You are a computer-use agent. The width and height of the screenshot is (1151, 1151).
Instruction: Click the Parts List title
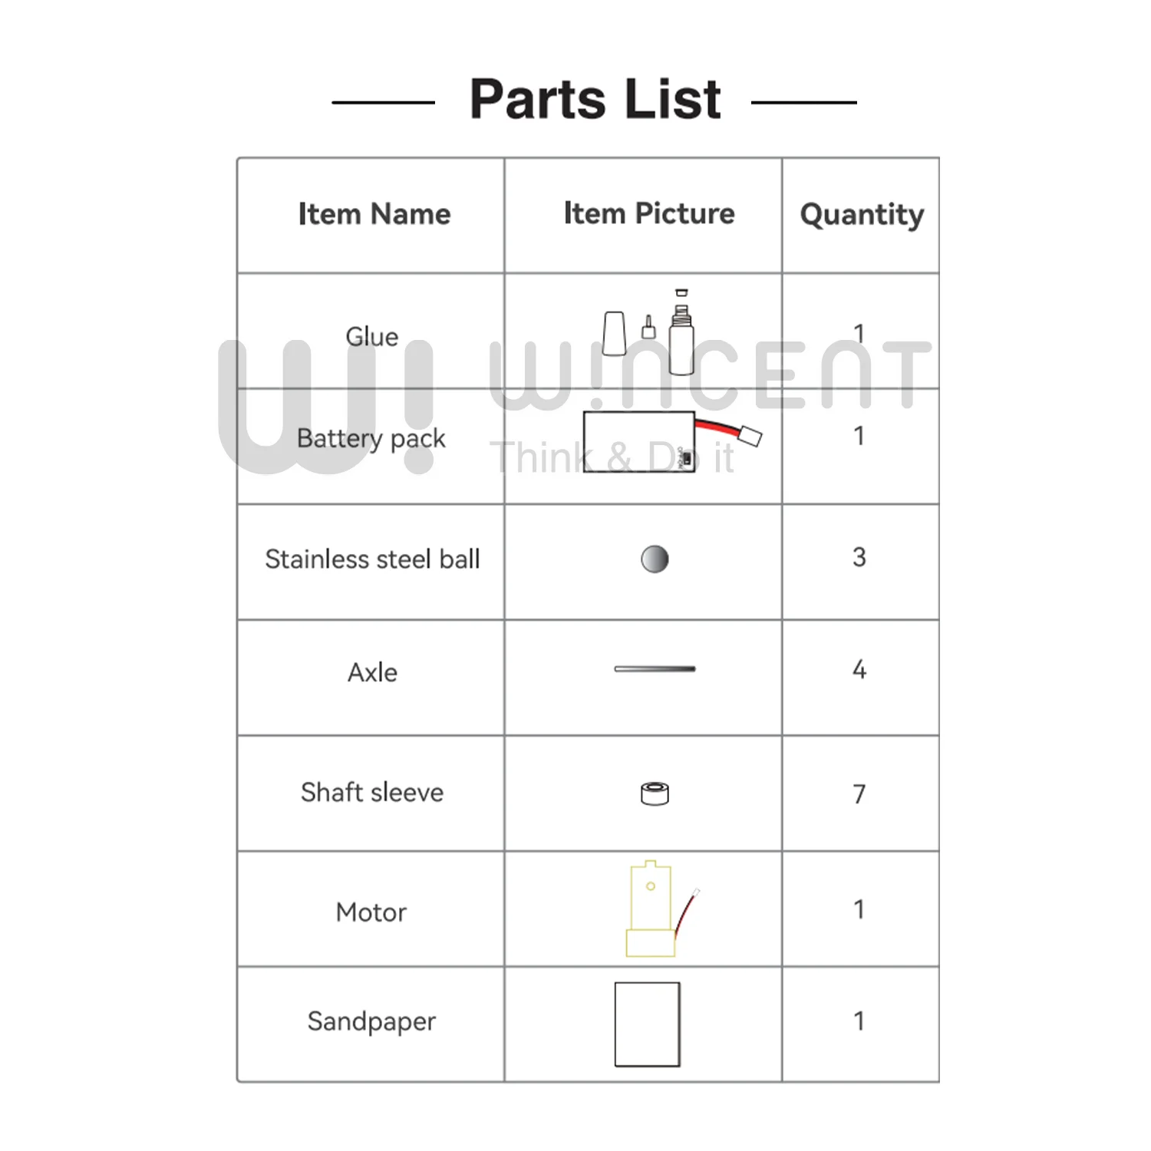(595, 100)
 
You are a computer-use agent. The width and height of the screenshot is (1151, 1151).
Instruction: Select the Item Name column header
(374, 214)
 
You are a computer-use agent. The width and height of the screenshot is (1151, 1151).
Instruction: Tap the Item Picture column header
(648, 213)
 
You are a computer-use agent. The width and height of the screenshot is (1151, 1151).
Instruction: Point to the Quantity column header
(861, 215)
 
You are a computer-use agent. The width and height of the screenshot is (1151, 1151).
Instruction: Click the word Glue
(372, 336)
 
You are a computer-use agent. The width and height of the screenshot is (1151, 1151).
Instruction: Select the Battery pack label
(371, 438)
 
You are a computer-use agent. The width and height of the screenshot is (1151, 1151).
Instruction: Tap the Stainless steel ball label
(372, 559)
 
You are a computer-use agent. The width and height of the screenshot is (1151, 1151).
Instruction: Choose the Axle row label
(372, 672)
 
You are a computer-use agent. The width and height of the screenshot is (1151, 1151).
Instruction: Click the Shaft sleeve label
(372, 792)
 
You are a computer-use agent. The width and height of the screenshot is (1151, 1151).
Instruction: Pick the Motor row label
(371, 912)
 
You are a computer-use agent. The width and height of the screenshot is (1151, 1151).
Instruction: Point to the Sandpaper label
(371, 1021)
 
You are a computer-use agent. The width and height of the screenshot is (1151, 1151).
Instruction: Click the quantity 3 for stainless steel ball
(859, 557)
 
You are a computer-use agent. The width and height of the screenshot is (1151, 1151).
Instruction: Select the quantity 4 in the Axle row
(859, 670)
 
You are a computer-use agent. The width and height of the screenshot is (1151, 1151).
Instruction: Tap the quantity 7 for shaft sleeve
(859, 793)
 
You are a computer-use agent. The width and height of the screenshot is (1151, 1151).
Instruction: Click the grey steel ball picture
(655, 559)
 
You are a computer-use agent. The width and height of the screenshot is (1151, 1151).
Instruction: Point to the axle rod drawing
(655, 669)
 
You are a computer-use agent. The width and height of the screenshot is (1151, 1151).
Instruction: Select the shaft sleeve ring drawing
(655, 793)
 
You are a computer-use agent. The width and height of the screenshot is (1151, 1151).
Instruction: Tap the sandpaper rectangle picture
(647, 1024)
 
